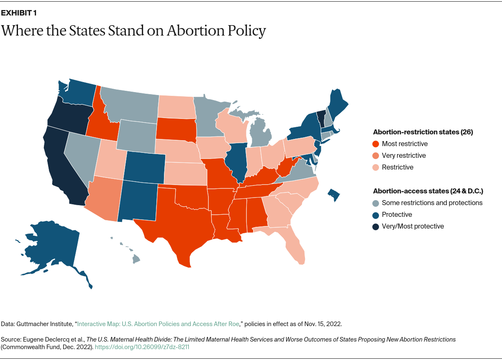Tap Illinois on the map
234,161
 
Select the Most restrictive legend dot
376,144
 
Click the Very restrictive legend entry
404,156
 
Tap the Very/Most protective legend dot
376,226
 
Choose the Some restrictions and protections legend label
432,203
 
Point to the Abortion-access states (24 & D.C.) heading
428,191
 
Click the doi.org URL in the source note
146,347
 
